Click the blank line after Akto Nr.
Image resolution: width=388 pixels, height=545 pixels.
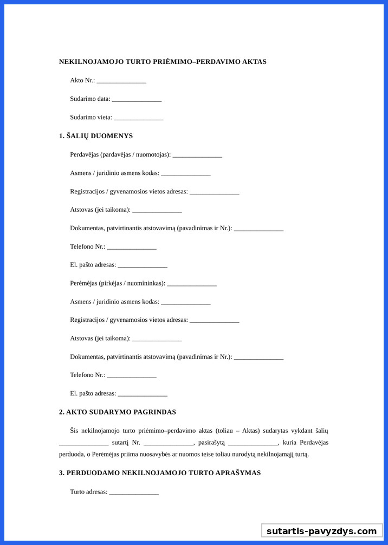point(121,81)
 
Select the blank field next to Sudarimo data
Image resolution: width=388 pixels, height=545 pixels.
point(137,100)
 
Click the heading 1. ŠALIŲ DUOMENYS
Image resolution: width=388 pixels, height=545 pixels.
point(96,136)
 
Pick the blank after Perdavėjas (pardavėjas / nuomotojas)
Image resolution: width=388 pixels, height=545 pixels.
point(197,155)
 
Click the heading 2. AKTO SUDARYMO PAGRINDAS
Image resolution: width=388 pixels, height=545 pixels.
point(118,412)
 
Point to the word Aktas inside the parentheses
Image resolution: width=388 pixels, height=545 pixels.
point(248,431)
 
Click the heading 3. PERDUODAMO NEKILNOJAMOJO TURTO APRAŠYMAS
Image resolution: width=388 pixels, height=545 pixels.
point(160,473)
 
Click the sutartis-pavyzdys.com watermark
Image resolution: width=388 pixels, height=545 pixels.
point(321,531)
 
